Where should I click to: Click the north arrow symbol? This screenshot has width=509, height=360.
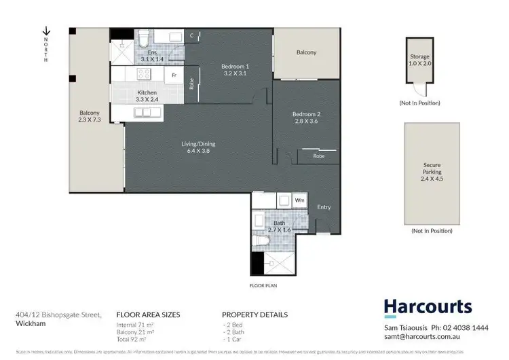[46, 31]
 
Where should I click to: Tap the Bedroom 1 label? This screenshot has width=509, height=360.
[235, 70]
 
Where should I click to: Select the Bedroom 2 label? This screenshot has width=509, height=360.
[305, 117]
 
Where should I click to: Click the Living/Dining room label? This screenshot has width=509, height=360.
[198, 147]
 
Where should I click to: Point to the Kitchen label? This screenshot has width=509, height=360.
[147, 96]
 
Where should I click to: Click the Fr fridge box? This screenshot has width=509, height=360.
[174, 75]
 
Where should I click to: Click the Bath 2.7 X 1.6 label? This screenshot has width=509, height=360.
[279, 226]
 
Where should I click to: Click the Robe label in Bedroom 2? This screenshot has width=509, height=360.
[318, 156]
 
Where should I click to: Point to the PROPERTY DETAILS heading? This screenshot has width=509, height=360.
[254, 315]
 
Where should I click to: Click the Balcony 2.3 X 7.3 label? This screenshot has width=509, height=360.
[90, 116]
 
